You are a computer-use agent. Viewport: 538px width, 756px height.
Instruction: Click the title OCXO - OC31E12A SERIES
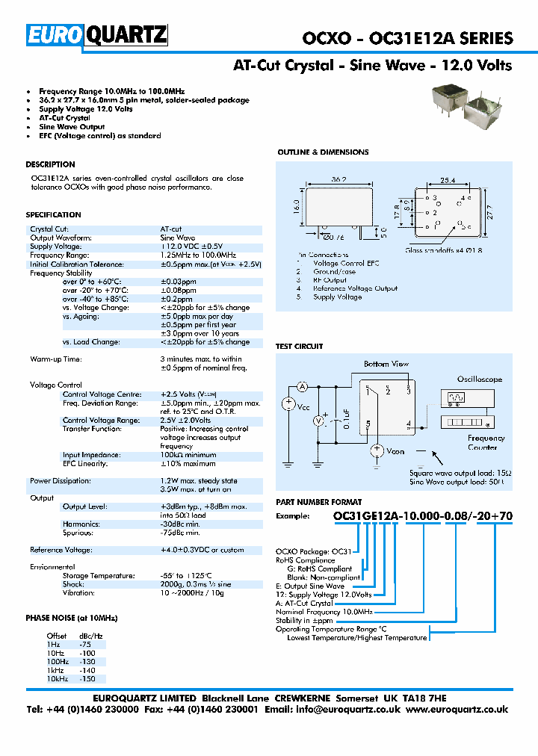[x=407, y=38]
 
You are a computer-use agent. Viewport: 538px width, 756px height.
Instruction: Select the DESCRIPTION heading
[x=50, y=164]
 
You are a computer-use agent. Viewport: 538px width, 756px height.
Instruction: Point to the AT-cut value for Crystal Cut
[x=171, y=229]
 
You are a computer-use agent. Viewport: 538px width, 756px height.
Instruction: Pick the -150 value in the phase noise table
[x=87, y=679]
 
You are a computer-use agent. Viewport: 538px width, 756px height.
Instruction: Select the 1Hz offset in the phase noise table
[x=54, y=644]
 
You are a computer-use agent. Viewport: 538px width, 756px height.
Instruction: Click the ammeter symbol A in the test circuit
[x=303, y=386]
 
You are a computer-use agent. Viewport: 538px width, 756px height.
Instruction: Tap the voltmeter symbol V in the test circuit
[x=318, y=421]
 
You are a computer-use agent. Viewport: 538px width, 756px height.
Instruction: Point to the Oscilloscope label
[x=480, y=379]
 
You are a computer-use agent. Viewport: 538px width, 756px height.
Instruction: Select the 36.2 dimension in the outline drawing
[x=340, y=180]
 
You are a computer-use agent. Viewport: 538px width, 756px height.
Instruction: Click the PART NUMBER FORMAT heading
[x=319, y=503]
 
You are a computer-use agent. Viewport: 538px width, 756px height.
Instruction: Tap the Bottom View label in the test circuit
[x=386, y=364]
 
